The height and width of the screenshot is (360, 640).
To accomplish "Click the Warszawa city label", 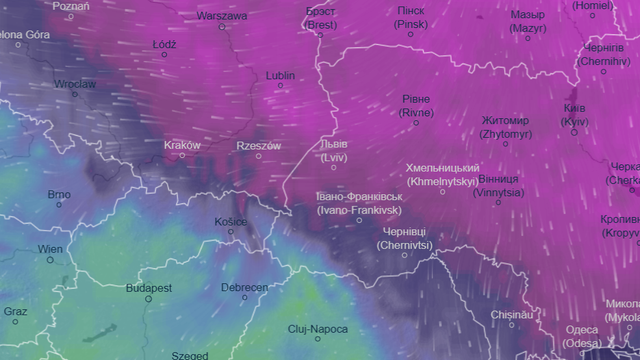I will tap(222, 16).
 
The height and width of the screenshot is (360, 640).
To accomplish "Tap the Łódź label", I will tap(165, 45).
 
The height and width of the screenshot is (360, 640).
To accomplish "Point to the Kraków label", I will tap(182, 145).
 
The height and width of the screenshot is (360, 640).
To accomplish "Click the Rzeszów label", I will tap(258, 145).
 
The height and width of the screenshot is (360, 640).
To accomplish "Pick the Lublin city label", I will tap(281, 75).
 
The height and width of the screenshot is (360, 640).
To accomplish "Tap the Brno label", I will tap(59, 194).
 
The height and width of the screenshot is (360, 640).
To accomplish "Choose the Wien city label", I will tap(50, 249).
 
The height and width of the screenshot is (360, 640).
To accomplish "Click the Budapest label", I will tap(148, 288).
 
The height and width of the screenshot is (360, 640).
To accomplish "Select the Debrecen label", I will tap(244, 288).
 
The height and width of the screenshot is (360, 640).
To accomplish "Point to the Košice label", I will tap(231, 222).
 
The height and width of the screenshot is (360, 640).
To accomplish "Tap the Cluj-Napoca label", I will tap(317, 329).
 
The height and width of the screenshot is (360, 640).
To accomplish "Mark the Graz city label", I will tap(15, 311).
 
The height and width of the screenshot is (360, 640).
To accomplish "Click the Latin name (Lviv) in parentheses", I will tap(333, 157).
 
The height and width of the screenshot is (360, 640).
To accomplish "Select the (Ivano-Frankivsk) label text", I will tap(358, 211).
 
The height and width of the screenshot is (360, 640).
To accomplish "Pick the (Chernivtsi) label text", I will tap(405, 244).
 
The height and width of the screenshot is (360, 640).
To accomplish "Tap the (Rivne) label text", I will tap(416, 113).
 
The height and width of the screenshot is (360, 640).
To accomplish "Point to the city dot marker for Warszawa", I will tap(222, 27).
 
